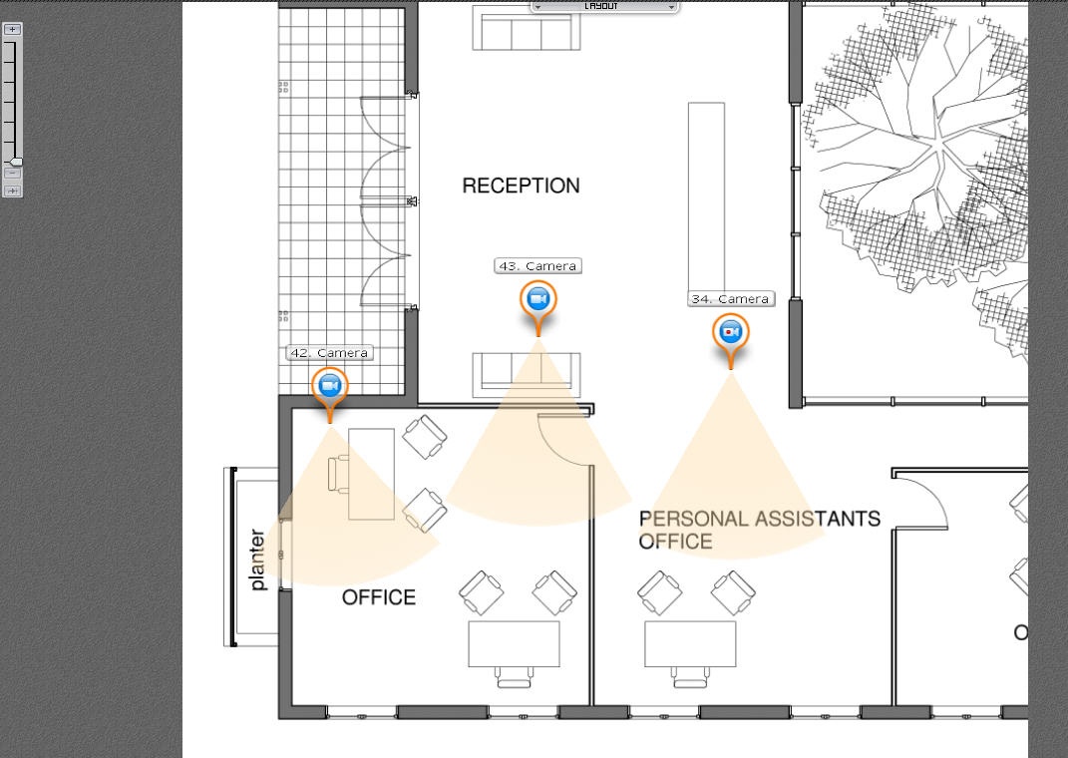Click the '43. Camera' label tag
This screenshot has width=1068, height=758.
(x=538, y=266)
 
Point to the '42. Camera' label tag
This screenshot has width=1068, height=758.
(x=330, y=353)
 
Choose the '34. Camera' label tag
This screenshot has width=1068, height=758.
(x=731, y=299)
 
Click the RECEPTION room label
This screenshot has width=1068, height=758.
(x=522, y=186)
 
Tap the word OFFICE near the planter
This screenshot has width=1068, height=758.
(x=379, y=597)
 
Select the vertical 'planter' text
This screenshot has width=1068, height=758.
(x=257, y=560)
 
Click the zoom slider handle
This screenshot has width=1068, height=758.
(x=14, y=163)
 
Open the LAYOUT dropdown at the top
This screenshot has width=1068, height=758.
(x=604, y=6)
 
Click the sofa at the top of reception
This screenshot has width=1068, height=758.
(x=527, y=28)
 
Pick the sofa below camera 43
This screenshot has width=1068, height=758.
(x=527, y=375)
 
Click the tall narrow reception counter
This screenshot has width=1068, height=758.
(x=706, y=198)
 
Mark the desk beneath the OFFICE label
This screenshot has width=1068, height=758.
(x=515, y=643)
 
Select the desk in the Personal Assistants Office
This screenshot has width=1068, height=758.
(x=691, y=643)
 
